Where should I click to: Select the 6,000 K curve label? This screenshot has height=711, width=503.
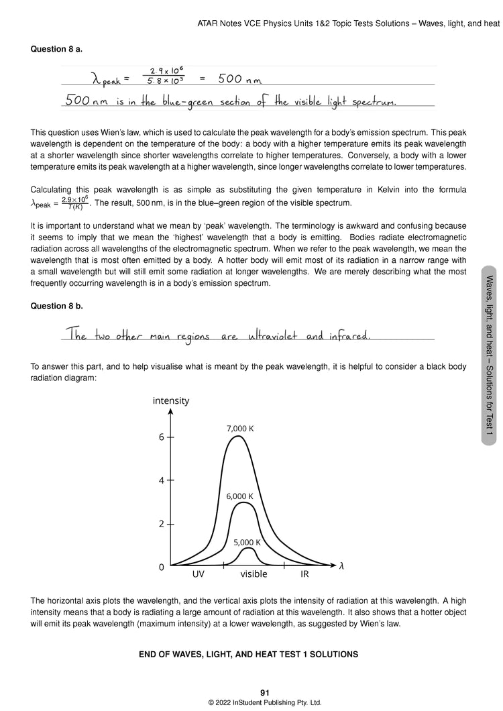pyautogui.click(x=239, y=496)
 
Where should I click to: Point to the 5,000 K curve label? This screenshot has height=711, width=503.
pyautogui.click(x=246, y=542)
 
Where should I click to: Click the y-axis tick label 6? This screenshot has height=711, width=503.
pyautogui.click(x=161, y=437)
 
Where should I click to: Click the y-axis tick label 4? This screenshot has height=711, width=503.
pyautogui.click(x=161, y=480)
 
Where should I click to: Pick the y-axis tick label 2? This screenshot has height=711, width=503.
pyautogui.click(x=161, y=524)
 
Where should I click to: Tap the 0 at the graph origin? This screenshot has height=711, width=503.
pyautogui.click(x=161, y=567)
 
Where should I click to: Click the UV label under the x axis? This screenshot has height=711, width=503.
pyautogui.click(x=198, y=575)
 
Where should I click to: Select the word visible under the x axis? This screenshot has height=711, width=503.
pyautogui.click(x=254, y=575)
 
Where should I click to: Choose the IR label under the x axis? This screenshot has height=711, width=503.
pyautogui.click(x=304, y=575)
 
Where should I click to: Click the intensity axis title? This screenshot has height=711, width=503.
pyautogui.click(x=171, y=401)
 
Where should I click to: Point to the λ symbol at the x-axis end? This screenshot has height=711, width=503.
pyautogui.click(x=342, y=566)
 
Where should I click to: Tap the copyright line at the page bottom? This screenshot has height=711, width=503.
pyautogui.click(x=265, y=703)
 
